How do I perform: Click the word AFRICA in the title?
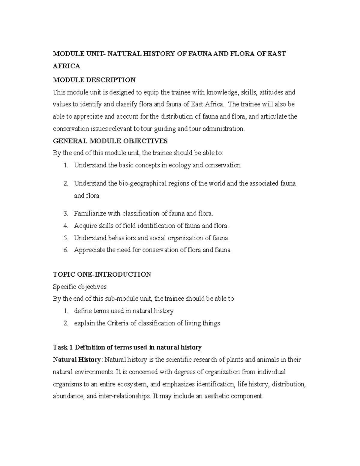coord(66,66)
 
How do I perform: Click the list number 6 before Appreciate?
coord(66,250)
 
